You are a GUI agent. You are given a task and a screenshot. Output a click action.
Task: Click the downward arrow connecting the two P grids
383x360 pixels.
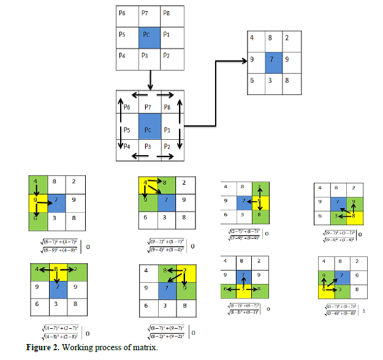pyautogui.click(x=150, y=79)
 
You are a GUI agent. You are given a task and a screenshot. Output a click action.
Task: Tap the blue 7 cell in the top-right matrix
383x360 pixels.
pyautogui.click(x=271, y=61)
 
